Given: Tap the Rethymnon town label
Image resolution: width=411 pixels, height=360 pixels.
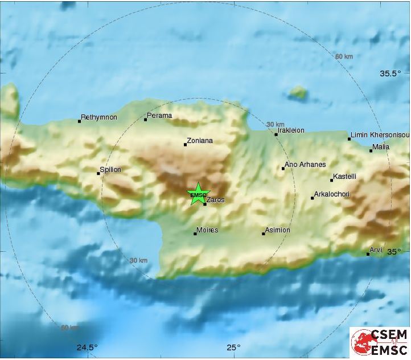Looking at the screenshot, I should coord(99,117).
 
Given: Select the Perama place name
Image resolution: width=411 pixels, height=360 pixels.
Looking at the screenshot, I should coord(159,116).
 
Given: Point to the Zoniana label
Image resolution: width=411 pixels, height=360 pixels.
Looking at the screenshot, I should coord(200,141).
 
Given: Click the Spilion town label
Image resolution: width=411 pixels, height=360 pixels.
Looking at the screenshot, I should coord(110,170).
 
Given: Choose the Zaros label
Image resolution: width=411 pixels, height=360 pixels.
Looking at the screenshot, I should coord(216,200).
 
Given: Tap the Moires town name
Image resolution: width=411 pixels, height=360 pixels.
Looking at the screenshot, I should coord(207,230).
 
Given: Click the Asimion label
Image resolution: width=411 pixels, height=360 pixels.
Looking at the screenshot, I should coord(278,230).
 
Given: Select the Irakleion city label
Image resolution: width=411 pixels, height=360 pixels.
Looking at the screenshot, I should coord(291,130).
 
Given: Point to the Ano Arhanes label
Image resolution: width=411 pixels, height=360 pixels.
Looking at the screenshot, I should coord(305,165).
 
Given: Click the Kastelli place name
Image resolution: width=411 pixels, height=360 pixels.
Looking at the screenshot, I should coord(345,177).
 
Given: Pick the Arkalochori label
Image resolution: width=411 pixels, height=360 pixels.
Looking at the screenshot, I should coord(332,194).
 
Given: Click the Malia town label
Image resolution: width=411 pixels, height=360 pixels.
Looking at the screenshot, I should coord(380,147).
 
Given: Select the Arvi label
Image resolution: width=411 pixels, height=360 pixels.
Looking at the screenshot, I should coord(376,249).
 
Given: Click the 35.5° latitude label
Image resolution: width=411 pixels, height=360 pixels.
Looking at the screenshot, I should coord(391,73).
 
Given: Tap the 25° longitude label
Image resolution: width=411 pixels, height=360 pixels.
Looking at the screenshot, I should coord(233,347).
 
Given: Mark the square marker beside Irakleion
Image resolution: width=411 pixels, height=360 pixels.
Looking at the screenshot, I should coord(277,134).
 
